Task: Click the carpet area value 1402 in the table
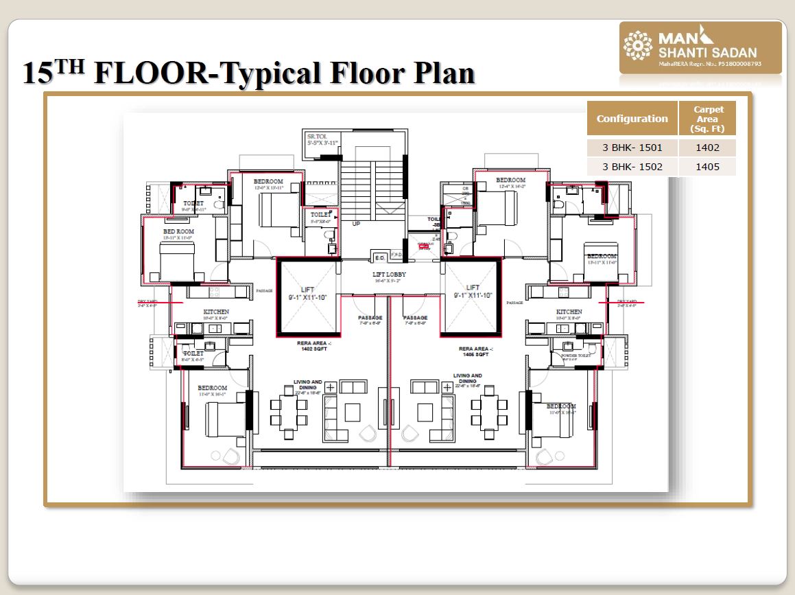point(707,148)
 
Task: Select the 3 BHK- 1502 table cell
point(632,167)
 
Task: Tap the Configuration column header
point(632,119)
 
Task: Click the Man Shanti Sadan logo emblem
point(638,46)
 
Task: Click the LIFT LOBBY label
point(390,275)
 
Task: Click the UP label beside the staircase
point(355,224)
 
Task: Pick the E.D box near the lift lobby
point(379,257)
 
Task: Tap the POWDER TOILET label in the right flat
point(576,355)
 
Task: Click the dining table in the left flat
point(288,412)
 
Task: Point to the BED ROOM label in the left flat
point(178,232)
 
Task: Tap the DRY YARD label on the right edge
point(627,302)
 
